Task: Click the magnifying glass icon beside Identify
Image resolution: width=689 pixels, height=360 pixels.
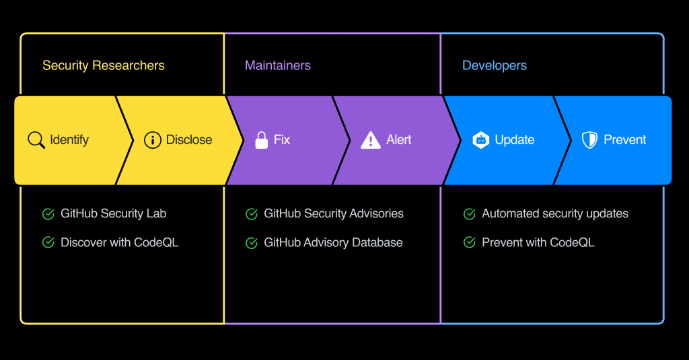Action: [36, 140]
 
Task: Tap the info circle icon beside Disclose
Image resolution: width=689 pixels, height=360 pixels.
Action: [153, 140]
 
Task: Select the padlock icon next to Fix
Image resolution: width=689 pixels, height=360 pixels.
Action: [261, 140]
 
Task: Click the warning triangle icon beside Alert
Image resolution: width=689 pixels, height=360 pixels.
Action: [371, 140]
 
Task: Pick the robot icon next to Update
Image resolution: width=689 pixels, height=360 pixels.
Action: [480, 140]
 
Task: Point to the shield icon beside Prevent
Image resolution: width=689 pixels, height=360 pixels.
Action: [589, 140]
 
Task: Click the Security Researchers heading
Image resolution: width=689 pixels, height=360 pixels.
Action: [103, 65]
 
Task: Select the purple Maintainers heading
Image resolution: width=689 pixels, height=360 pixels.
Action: [277, 65]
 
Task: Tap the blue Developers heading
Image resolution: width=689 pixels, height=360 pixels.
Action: [494, 65]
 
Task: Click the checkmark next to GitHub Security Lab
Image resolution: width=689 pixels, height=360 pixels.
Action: [48, 214]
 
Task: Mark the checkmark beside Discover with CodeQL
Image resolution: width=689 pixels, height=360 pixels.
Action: [48, 242]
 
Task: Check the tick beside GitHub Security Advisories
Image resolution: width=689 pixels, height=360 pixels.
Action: [252, 214]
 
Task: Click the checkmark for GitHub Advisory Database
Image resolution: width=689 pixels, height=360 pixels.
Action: [252, 243]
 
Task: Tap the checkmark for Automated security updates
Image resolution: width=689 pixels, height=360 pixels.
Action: [470, 214]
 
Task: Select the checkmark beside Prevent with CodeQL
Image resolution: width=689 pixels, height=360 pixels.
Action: [470, 242]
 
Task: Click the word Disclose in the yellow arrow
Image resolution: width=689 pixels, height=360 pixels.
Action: [189, 140]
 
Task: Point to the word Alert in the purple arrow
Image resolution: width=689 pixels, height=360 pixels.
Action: [399, 140]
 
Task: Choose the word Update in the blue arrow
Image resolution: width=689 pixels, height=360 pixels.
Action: [515, 140]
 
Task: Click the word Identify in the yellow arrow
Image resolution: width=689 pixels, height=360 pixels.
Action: [69, 140]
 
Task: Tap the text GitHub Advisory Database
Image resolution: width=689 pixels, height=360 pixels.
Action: [333, 242]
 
